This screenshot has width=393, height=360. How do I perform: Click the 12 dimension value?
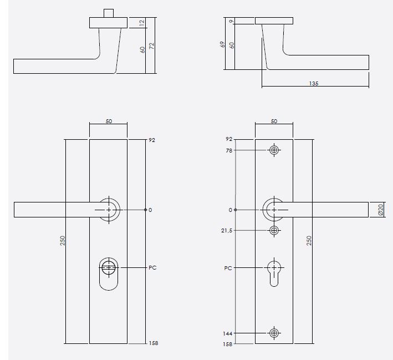[x=142, y=23]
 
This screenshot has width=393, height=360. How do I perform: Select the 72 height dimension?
[x=151, y=48]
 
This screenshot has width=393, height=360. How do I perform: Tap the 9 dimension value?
[x=231, y=22]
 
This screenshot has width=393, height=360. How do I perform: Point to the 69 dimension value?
[x=222, y=44]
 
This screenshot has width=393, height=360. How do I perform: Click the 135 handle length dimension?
[x=314, y=83]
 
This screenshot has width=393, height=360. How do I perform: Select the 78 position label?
[x=228, y=150]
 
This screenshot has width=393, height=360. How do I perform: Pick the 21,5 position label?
[x=226, y=230]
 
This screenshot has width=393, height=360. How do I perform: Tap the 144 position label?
[x=227, y=333]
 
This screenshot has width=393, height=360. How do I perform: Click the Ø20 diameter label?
[x=380, y=210]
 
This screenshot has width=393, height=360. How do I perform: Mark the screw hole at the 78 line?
[x=274, y=150]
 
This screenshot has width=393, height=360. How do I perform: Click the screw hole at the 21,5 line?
[x=274, y=230]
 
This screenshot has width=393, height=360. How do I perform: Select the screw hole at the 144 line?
[x=274, y=333]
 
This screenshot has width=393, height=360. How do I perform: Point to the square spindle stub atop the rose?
[x=108, y=13]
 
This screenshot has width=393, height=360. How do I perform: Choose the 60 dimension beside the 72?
[x=142, y=49]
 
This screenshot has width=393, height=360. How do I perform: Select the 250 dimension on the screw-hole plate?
[x=309, y=240]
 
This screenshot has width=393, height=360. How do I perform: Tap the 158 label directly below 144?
[x=227, y=344]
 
